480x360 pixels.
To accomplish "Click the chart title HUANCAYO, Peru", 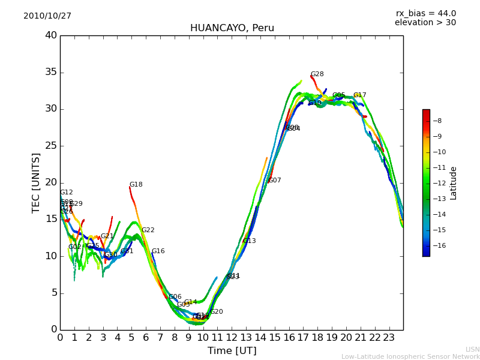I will (x=232, y=28).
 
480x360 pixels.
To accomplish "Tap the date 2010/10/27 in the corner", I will (x=47, y=16).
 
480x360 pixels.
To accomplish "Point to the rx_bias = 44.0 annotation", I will (x=425, y=13).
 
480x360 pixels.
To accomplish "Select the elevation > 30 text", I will (x=425, y=23).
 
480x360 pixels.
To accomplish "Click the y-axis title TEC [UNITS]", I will (x=37, y=182).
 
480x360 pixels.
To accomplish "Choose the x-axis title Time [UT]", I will (x=232, y=350).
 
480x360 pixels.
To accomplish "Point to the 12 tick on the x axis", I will (x=232, y=338).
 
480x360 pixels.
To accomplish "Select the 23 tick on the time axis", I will (x=389, y=338).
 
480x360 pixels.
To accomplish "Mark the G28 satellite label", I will (x=317, y=74).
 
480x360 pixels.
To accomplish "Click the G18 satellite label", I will (x=136, y=185).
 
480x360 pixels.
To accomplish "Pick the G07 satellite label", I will (x=274, y=181).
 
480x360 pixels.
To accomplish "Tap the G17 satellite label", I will (x=359, y=95).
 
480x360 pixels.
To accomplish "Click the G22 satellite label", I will (x=148, y=230).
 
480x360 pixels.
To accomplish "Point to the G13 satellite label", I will (x=249, y=241).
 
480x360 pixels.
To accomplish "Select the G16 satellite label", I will (x=158, y=251).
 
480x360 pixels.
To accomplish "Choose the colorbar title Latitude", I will (x=454, y=183).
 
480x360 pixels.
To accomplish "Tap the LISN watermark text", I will (x=472, y=349).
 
